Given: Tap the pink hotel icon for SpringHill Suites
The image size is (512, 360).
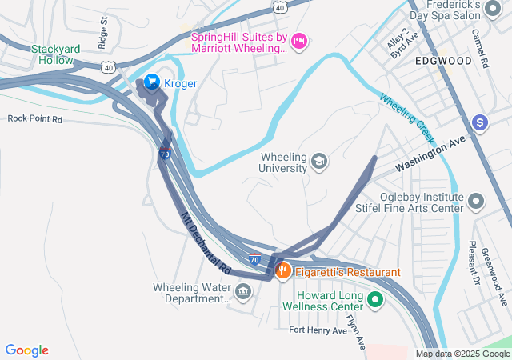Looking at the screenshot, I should (299, 41).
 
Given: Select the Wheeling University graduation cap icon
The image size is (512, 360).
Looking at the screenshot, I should (319, 162).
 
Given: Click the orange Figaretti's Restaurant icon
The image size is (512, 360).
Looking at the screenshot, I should (282, 272).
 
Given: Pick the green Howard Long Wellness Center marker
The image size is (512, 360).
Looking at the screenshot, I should (374, 301).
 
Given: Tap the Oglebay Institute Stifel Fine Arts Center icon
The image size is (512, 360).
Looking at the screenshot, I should (477, 201).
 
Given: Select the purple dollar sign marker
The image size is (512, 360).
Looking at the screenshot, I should (480, 122).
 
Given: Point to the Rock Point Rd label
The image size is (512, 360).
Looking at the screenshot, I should (34, 118).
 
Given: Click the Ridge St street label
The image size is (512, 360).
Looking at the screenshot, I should (102, 38).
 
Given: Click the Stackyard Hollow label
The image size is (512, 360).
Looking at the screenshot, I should (52, 54).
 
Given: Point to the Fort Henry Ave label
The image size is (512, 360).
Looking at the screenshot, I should (318, 330).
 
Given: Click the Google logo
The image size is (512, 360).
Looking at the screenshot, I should (27, 350).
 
